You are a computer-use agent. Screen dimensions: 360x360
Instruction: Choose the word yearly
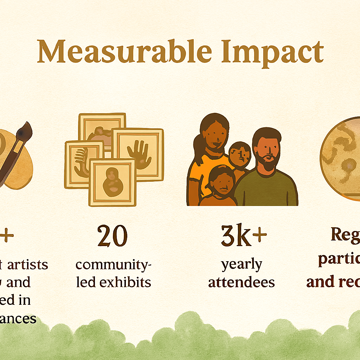click(242, 264)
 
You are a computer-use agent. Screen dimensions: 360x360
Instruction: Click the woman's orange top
click(202, 176)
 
